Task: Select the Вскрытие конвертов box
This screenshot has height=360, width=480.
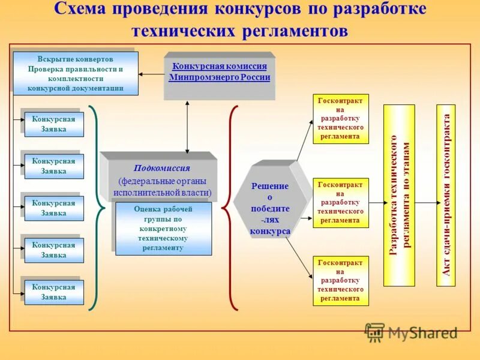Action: (x=76, y=74)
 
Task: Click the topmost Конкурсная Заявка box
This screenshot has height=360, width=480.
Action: (x=54, y=124)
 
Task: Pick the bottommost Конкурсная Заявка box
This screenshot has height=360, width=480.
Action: (x=54, y=292)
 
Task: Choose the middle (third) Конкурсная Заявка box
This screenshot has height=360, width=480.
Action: (x=54, y=208)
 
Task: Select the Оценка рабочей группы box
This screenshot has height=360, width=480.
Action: (x=163, y=229)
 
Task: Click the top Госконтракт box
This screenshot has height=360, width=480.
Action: (x=341, y=119)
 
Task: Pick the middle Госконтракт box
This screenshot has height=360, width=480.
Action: (x=341, y=203)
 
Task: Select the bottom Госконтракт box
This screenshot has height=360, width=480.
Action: (x=341, y=281)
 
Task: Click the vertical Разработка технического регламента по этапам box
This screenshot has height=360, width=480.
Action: (x=399, y=195)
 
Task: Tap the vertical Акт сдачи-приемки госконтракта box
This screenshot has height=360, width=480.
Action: (x=445, y=195)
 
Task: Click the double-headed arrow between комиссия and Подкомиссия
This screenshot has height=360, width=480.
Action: (x=188, y=126)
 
